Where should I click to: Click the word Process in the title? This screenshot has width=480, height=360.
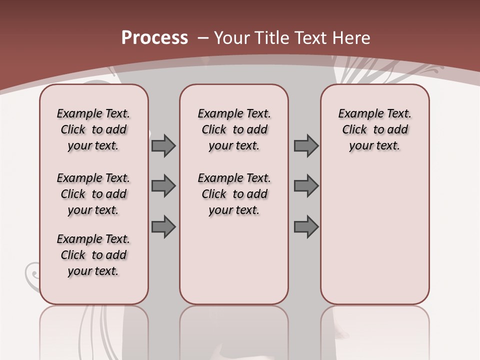pos(154,38)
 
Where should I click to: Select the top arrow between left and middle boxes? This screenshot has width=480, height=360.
pos(163,145)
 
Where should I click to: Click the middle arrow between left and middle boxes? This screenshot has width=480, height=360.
pos(163,186)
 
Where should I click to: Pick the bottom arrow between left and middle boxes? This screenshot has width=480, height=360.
pos(163,226)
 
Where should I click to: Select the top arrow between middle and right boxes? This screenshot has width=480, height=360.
pos(306,145)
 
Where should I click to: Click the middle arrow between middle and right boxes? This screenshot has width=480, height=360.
pos(306,186)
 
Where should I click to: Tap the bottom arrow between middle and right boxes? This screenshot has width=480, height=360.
pos(306,226)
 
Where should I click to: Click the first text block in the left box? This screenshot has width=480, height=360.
pos(93,129)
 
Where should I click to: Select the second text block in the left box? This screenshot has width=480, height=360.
pos(93,194)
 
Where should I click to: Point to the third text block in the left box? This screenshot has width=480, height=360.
pos(93,255)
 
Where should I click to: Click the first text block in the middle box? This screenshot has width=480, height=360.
pos(234,129)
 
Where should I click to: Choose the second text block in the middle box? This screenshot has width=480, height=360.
pos(234,194)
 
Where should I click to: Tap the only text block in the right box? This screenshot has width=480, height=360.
pos(374,129)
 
